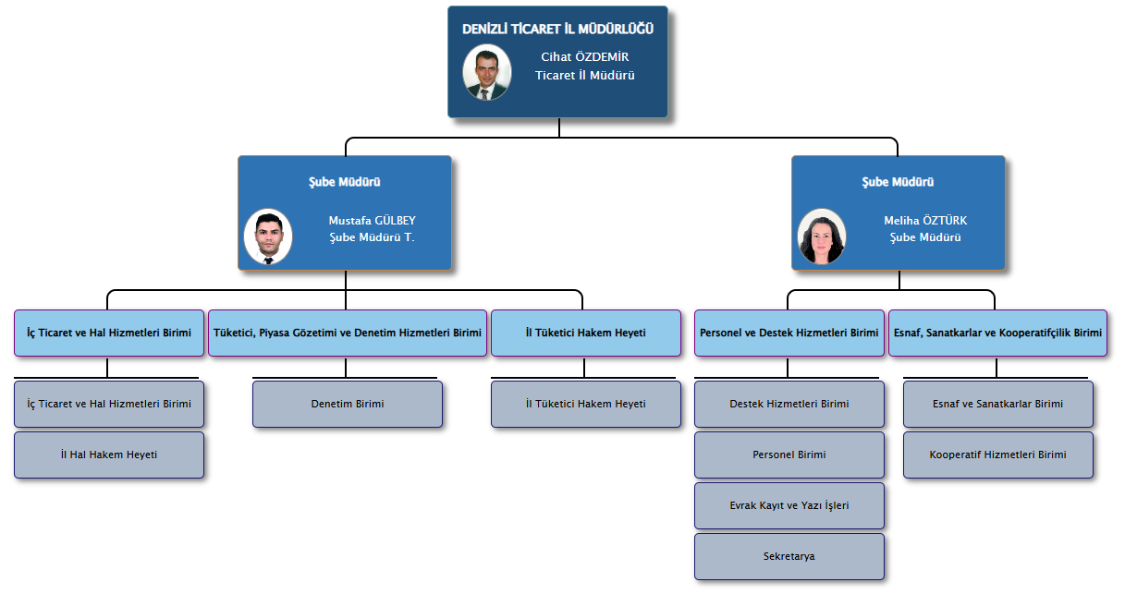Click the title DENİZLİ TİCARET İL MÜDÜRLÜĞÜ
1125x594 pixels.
pos(557,29)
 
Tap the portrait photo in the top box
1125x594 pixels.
pos(486,72)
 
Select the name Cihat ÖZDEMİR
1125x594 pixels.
pos(584,56)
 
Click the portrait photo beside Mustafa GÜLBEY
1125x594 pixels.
pos(268,236)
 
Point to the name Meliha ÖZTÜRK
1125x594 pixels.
pos(925,220)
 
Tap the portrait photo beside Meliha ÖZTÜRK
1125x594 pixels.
pos(822,236)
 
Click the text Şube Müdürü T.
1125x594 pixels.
pos(372,237)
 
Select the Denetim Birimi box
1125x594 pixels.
pos(348,404)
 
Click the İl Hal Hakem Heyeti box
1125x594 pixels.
pos(109,455)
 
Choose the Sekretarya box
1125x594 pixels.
pos(789,556)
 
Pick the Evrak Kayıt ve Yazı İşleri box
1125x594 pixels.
pos(789,505)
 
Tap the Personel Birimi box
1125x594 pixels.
pos(789,455)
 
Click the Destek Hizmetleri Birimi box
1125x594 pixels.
pos(789,404)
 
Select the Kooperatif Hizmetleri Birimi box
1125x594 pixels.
pos(998,455)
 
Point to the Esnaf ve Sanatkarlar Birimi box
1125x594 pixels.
pos(998,404)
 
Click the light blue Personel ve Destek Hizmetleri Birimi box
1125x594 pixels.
pos(789,333)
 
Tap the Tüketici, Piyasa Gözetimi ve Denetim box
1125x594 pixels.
pos(348,333)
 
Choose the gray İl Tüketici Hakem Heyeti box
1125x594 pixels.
pos(585,404)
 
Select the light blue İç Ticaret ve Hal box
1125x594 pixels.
pos(109,333)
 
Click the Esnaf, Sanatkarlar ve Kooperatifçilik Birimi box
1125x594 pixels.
pos(998,333)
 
